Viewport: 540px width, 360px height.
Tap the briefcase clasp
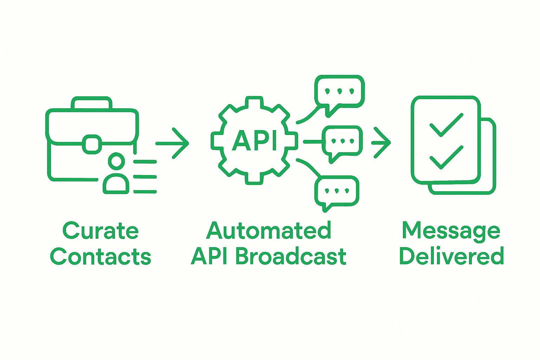click(x=92, y=144)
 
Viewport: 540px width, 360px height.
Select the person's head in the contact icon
click(x=116, y=161)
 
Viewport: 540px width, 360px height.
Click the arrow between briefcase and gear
click(x=172, y=143)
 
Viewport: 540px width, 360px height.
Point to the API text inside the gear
click(x=255, y=141)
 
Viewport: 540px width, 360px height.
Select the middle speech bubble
click(x=342, y=142)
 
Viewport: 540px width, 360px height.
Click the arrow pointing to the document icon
click(x=381, y=143)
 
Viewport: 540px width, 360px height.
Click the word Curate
click(x=101, y=231)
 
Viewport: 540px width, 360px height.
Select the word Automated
click(x=269, y=231)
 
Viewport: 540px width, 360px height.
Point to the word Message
click(x=451, y=231)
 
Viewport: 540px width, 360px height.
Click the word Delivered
click(x=452, y=256)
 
